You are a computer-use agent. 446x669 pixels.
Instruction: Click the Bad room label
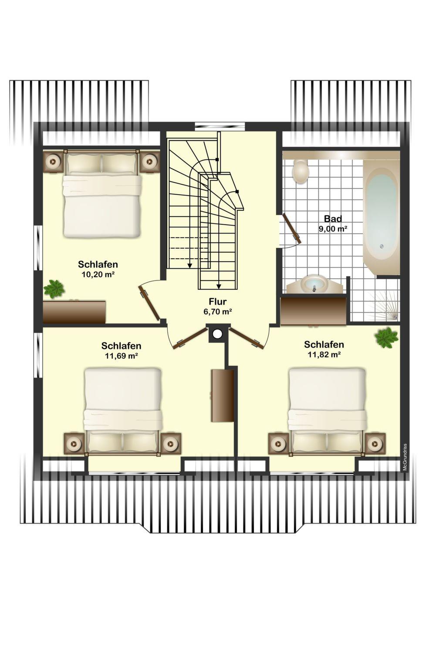tap(333, 219)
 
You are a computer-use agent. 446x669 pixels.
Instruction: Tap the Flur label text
tap(218, 301)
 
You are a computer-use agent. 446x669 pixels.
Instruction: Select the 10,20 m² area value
tap(98, 274)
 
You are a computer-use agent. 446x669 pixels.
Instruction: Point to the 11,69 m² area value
tap(121, 356)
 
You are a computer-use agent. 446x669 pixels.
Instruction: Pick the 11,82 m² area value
tap(324, 355)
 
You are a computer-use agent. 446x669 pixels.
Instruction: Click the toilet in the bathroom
tap(300, 171)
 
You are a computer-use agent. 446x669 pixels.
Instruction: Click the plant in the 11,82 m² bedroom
tap(387, 338)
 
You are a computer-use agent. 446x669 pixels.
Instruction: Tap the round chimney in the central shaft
tap(217, 334)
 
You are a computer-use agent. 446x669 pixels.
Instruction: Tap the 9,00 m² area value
tap(333, 229)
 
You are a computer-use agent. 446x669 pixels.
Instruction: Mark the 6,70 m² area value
tap(218, 311)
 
